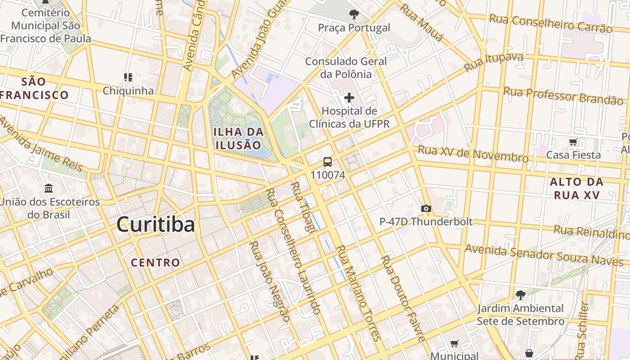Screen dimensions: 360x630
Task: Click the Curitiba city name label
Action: (x=156, y=225)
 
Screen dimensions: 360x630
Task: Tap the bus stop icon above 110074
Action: (x=328, y=162)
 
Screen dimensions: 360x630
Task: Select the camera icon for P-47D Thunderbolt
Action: (x=426, y=208)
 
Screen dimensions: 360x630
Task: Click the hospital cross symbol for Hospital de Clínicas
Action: (x=349, y=98)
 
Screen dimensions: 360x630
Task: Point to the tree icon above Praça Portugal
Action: (x=354, y=14)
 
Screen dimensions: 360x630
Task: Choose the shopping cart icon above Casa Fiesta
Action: (x=573, y=142)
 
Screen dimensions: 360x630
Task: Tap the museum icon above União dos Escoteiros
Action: (x=49, y=188)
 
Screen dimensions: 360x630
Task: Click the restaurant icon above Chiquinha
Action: (x=128, y=77)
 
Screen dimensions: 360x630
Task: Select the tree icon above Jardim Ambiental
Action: (x=520, y=295)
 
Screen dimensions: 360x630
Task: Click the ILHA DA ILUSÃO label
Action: (x=238, y=139)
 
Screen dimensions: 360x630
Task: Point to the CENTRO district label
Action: (x=156, y=262)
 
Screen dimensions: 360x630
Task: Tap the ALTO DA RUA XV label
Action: (x=577, y=189)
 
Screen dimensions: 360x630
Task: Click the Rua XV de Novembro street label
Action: (x=473, y=154)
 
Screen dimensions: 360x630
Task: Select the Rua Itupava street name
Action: (x=493, y=63)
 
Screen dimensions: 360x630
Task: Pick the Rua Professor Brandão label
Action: (x=563, y=95)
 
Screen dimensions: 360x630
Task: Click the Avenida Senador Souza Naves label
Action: (x=544, y=255)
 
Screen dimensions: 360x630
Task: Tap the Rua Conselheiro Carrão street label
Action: (x=550, y=23)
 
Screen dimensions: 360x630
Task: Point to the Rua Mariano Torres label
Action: (x=359, y=292)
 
